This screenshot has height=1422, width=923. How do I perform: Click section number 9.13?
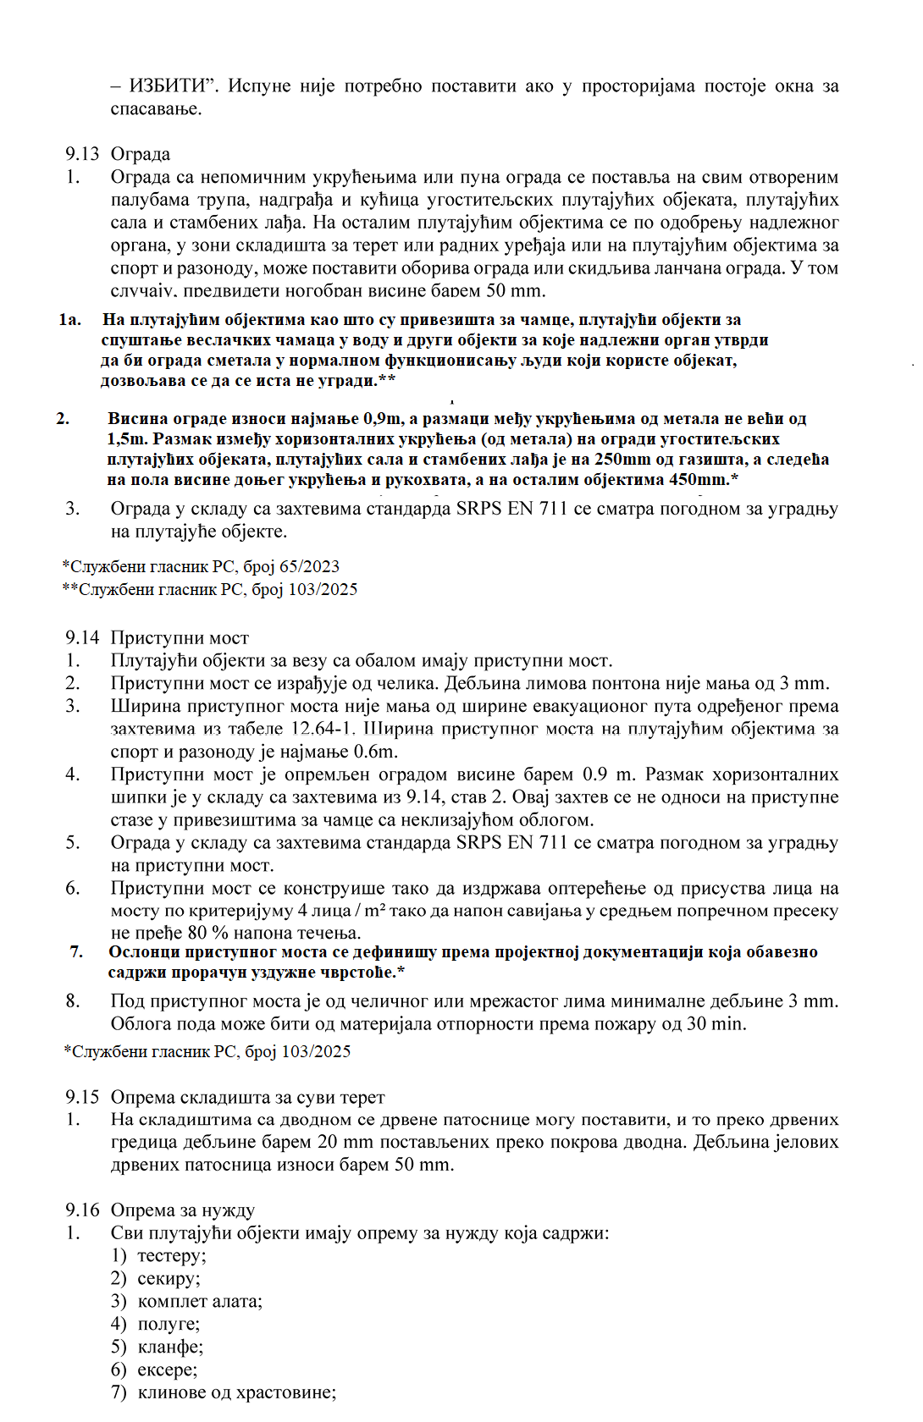click(82, 154)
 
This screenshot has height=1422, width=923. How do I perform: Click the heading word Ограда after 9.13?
click(141, 154)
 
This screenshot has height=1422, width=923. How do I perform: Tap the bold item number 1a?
click(70, 320)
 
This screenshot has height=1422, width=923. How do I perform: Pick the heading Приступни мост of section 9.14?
click(180, 637)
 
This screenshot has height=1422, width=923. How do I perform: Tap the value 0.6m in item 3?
click(376, 752)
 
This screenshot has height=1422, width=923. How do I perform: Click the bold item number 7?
click(76, 952)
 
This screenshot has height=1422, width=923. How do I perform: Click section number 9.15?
click(82, 1097)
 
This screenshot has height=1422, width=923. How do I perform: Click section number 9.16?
click(82, 1210)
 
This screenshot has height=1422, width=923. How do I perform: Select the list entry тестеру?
click(171, 1256)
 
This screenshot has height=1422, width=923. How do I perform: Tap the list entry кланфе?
click(170, 1347)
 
